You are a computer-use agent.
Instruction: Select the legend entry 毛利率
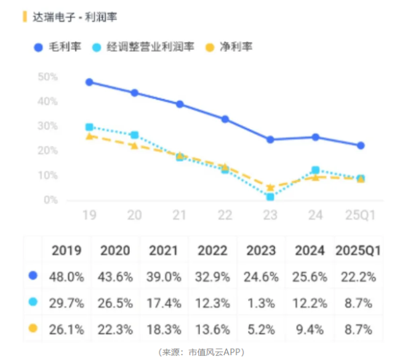click(x=61, y=47)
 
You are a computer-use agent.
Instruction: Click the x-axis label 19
click(x=90, y=215)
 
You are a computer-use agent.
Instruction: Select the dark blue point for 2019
click(x=89, y=82)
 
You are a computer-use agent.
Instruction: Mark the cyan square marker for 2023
click(x=270, y=197)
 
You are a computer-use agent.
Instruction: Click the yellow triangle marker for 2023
click(x=270, y=187)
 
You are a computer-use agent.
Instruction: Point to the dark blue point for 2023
click(x=270, y=140)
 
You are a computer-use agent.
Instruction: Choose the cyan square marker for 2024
click(x=315, y=170)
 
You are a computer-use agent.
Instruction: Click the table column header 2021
click(x=164, y=250)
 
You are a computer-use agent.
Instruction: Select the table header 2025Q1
click(x=358, y=250)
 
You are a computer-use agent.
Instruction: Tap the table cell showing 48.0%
click(x=66, y=277)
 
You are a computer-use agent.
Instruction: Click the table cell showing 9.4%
click(x=310, y=329)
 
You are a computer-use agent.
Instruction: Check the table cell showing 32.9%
click(x=212, y=277)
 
